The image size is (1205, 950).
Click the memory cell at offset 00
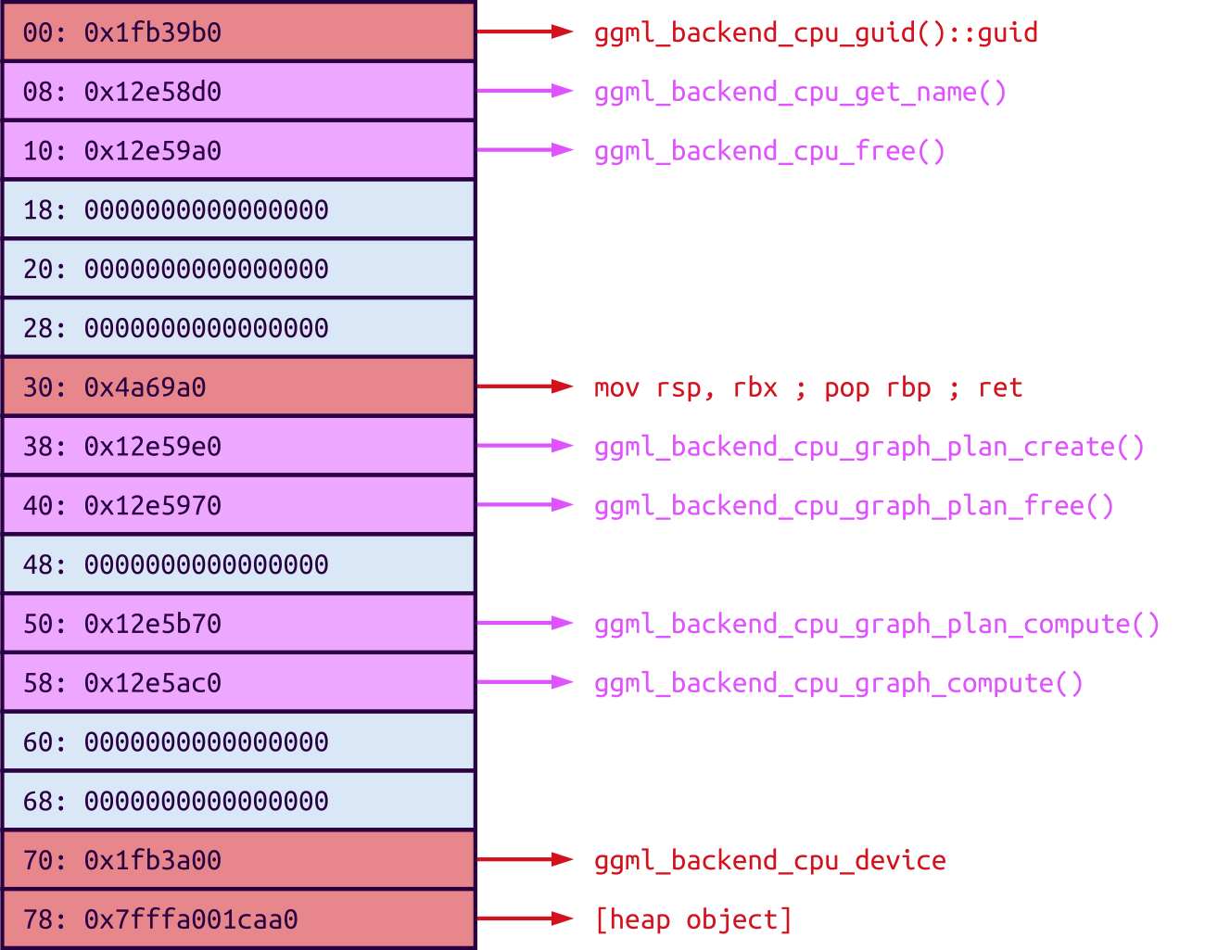coord(238,32)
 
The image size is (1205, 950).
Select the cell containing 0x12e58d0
coord(238,92)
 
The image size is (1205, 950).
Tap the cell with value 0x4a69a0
coord(238,386)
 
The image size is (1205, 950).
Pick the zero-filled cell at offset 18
coord(238,209)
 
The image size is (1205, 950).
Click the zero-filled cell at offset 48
coord(238,564)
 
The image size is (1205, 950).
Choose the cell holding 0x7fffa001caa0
coord(238,918)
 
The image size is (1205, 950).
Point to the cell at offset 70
coord(238,860)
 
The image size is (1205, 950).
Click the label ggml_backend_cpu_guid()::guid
coord(816,32)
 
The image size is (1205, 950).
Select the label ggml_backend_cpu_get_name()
coord(800,92)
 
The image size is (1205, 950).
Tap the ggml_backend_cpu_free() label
coord(769,151)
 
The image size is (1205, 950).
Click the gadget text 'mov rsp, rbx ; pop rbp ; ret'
coord(808,387)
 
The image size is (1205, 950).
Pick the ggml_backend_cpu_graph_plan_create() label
coord(869,447)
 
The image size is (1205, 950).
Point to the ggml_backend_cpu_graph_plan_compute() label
coord(877,624)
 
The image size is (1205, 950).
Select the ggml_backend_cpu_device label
coord(769,860)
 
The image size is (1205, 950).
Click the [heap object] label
coord(693,919)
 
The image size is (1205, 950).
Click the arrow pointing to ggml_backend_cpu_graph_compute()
coord(526,682)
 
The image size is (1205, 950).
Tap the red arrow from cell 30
coord(526,386)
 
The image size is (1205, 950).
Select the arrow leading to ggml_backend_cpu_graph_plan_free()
coord(526,505)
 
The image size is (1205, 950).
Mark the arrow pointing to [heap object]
coord(526,918)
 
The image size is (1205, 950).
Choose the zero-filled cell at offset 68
coord(238,801)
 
